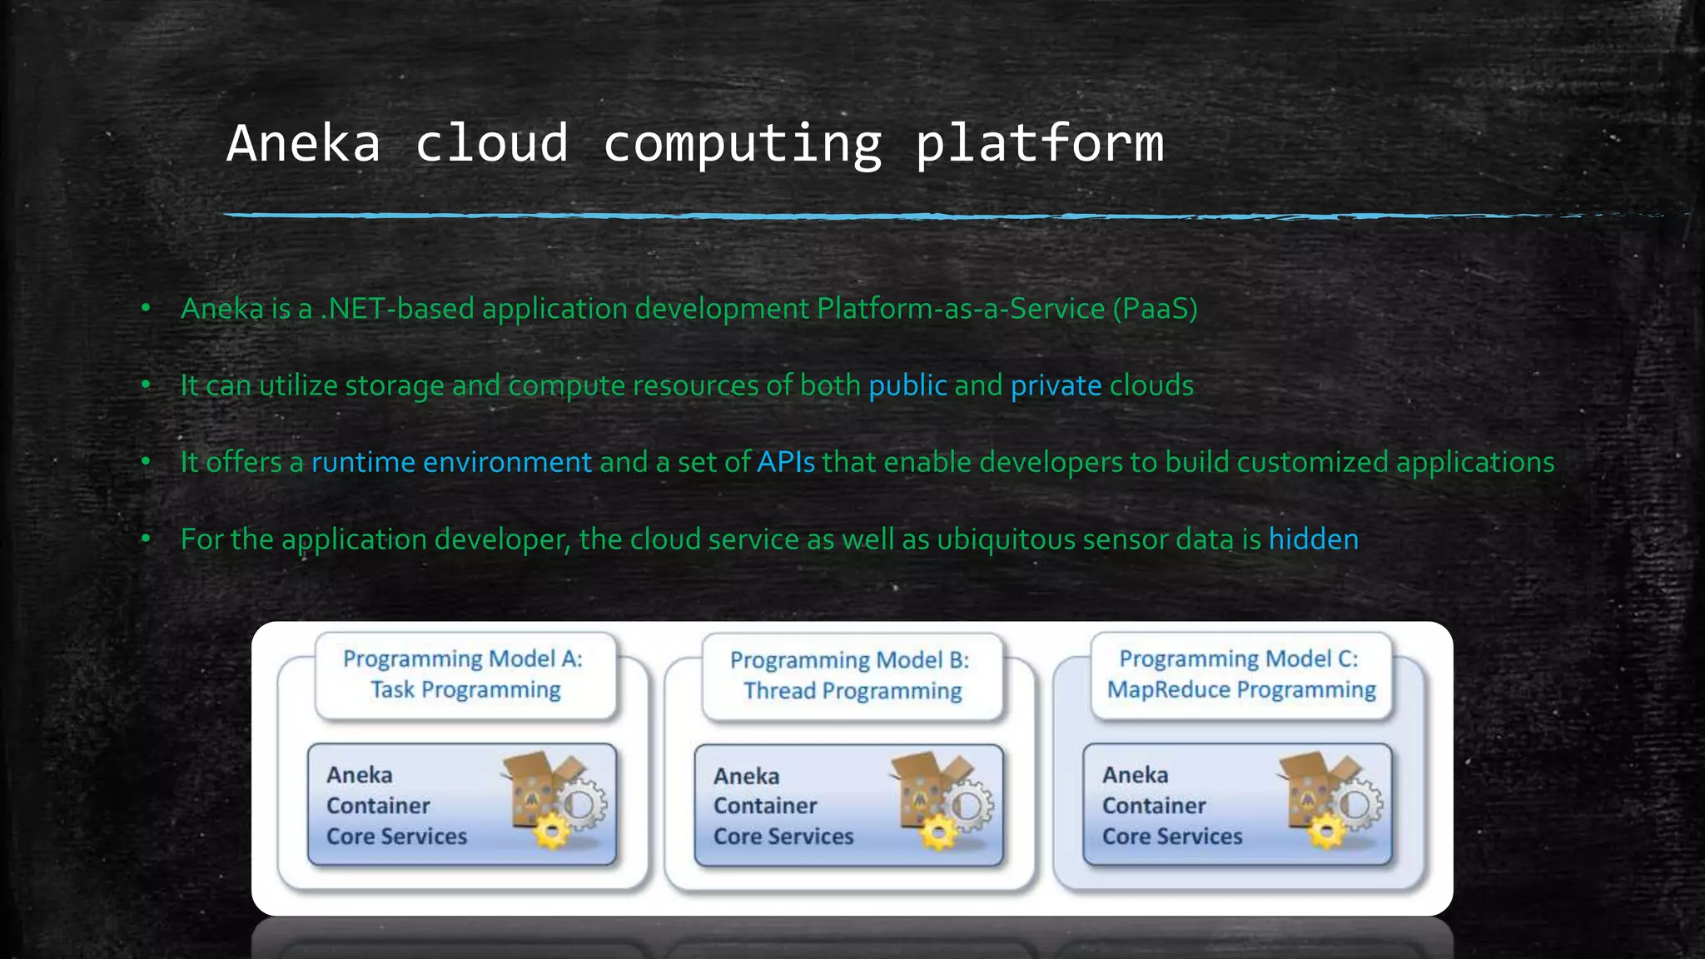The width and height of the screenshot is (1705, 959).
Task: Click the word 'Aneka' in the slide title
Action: [304, 143]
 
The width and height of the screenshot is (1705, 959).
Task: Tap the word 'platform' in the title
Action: [1039, 143]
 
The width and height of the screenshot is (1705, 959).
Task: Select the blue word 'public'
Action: [907, 385]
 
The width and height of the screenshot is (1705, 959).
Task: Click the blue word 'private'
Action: [1056, 385]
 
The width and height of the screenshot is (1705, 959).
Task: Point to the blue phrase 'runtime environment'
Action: [451, 462]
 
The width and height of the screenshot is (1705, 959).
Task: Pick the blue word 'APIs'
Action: [785, 462]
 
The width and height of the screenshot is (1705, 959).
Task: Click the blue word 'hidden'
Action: [1313, 539]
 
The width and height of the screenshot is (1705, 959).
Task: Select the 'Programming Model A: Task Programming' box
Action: [465, 674]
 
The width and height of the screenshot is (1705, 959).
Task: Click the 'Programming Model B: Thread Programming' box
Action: [852, 675]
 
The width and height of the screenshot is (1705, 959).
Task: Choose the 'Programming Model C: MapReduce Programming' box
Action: [1240, 674]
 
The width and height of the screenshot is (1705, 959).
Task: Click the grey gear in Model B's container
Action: [967, 805]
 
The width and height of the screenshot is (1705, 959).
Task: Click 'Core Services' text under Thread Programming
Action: [783, 837]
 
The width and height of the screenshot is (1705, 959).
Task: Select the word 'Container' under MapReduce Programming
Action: [1154, 806]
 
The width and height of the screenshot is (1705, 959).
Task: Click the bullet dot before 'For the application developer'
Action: [146, 539]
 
